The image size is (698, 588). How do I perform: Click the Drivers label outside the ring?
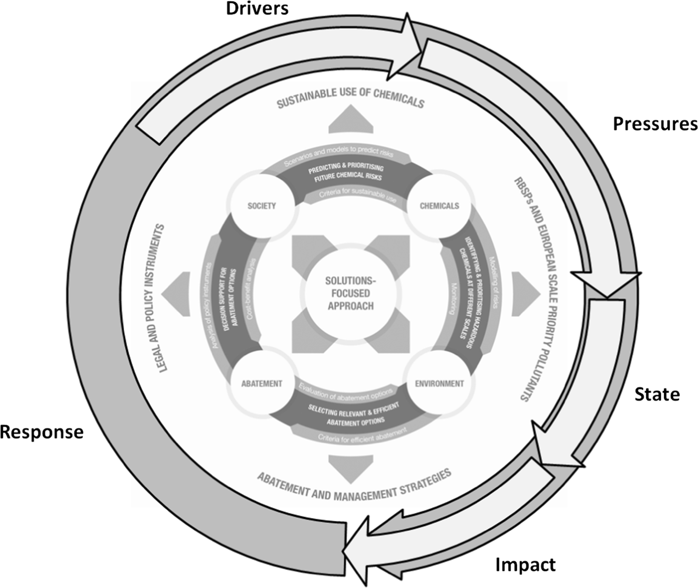tap(257, 9)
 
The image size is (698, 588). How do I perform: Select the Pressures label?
tap(655, 124)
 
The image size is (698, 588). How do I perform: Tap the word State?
tap(657, 394)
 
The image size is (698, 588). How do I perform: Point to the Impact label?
tap(525, 565)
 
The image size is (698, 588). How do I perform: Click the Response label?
tap(42, 432)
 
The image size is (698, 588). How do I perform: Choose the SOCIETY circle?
tap(262, 206)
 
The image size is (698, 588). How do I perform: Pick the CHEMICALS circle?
tap(439, 206)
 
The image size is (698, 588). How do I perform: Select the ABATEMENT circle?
tap(262, 384)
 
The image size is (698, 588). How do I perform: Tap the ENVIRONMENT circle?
tap(439, 384)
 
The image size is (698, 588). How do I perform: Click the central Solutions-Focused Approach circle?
tap(351, 293)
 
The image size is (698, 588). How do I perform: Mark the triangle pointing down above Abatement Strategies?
tap(351, 468)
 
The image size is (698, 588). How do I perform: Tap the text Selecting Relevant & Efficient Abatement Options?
tap(354, 415)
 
